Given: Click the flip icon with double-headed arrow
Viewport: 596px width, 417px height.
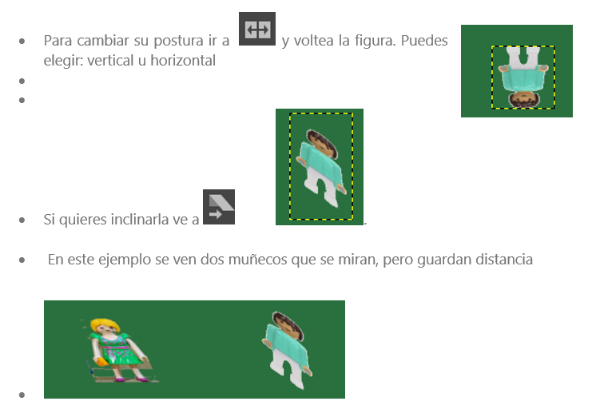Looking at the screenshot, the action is pyautogui.click(x=257, y=29).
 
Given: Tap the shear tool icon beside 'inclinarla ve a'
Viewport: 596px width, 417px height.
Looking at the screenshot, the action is pyautogui.click(x=219, y=207).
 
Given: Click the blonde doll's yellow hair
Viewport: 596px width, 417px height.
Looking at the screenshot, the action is pyautogui.click(x=105, y=325).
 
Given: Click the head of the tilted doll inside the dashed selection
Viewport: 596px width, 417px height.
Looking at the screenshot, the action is pyautogui.click(x=322, y=143).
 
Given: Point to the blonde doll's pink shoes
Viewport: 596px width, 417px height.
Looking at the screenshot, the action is pyautogui.click(x=132, y=379).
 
